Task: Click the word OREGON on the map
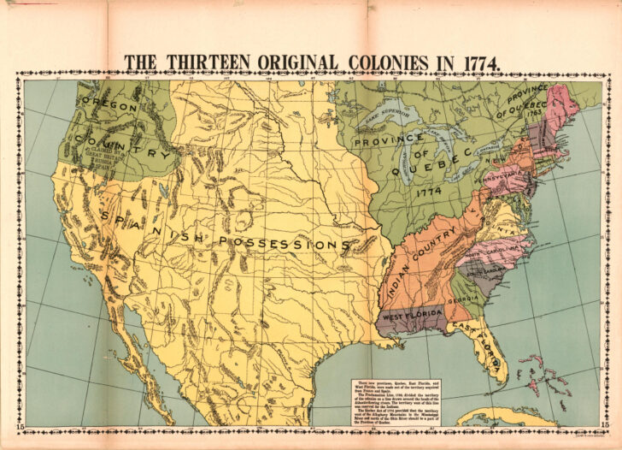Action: click(x=109, y=106)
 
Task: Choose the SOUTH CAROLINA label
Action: click(x=487, y=271)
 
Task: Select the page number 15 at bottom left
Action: click(x=18, y=425)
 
